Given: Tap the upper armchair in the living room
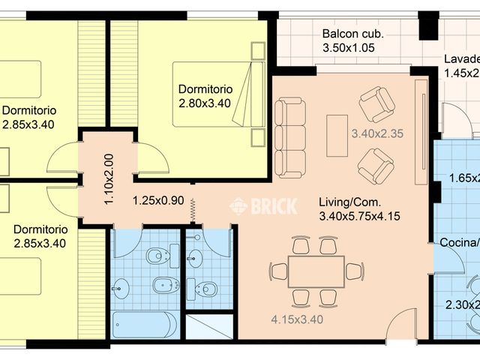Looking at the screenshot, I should (x=376, y=104).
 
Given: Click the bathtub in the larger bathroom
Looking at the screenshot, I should (x=145, y=325).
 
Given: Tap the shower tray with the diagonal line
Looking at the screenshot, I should (x=211, y=327).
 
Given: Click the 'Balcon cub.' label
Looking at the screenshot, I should (x=352, y=34).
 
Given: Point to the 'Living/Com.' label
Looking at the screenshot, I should (x=349, y=202).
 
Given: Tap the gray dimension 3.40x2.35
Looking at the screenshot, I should (x=377, y=135).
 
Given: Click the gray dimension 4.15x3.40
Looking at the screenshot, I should (x=297, y=319).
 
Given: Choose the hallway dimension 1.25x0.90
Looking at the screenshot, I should (x=158, y=200).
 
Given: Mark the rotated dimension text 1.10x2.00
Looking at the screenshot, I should (x=108, y=180).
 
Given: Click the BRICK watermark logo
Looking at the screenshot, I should (x=263, y=205).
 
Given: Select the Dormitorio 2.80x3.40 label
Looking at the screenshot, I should (x=204, y=96).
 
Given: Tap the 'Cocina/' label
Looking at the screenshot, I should (x=458, y=242).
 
